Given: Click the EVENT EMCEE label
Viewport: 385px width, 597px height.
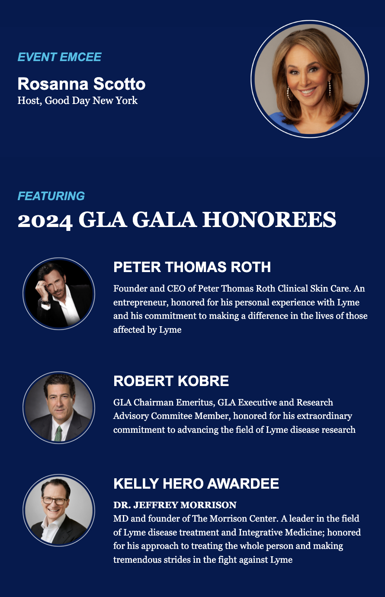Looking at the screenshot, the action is [x=59, y=57].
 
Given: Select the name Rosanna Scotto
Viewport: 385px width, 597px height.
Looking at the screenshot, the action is [x=81, y=84].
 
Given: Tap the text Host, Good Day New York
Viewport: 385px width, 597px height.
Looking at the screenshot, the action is [x=77, y=101].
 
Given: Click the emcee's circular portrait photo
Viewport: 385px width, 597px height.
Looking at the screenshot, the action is [x=310, y=79].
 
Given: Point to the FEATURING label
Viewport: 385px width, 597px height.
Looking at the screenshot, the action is [x=51, y=196].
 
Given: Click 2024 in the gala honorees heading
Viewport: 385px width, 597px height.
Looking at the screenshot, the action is [x=45, y=221].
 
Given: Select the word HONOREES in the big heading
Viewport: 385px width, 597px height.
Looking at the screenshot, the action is [x=269, y=220].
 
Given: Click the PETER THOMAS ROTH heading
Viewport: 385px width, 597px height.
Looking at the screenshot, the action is [x=192, y=267].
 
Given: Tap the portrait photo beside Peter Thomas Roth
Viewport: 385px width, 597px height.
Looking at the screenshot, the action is [x=59, y=294].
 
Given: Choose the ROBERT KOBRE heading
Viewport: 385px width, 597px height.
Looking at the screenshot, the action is [x=171, y=381].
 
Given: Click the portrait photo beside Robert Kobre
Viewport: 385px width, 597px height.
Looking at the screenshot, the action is [x=59, y=408].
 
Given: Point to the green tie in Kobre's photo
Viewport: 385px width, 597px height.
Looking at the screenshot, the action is [x=58, y=434].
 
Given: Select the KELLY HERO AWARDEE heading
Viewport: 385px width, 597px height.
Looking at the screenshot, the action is [x=196, y=484].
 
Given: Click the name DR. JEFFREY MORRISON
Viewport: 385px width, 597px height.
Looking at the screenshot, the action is [x=175, y=505].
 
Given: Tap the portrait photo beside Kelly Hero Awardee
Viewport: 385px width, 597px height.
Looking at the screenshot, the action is [x=59, y=510].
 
